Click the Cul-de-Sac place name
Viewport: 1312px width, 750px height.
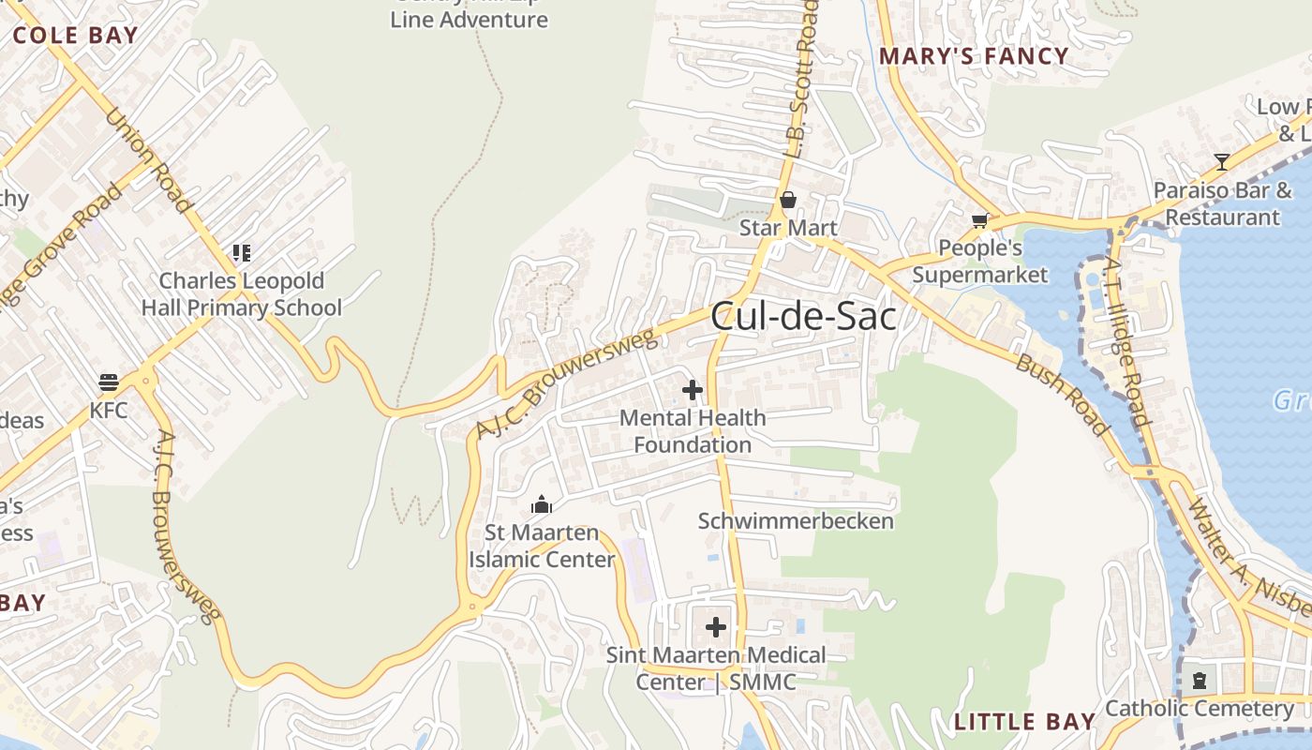pos(803,317)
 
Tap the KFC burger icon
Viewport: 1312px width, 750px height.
pos(109,382)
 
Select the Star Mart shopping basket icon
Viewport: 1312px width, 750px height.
pos(788,200)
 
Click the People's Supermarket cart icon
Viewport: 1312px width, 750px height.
pos(979,220)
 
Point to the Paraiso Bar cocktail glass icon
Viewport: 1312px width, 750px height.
pos(1222,162)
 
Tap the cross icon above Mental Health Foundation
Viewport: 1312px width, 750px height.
pos(693,389)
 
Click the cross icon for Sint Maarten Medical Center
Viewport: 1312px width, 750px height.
pos(716,626)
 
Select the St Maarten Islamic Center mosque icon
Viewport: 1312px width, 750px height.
pos(542,505)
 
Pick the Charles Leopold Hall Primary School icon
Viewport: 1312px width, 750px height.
pos(242,253)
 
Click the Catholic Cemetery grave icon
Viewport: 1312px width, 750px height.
pos(1199,680)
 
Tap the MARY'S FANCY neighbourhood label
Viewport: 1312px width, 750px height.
pos(974,56)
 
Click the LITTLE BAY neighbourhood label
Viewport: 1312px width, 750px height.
pos(1024,722)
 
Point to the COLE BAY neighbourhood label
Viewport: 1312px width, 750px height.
pos(75,36)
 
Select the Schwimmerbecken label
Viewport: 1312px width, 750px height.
pos(796,521)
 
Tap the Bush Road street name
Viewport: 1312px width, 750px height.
pos(1063,395)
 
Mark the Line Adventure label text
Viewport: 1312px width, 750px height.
pos(469,19)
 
